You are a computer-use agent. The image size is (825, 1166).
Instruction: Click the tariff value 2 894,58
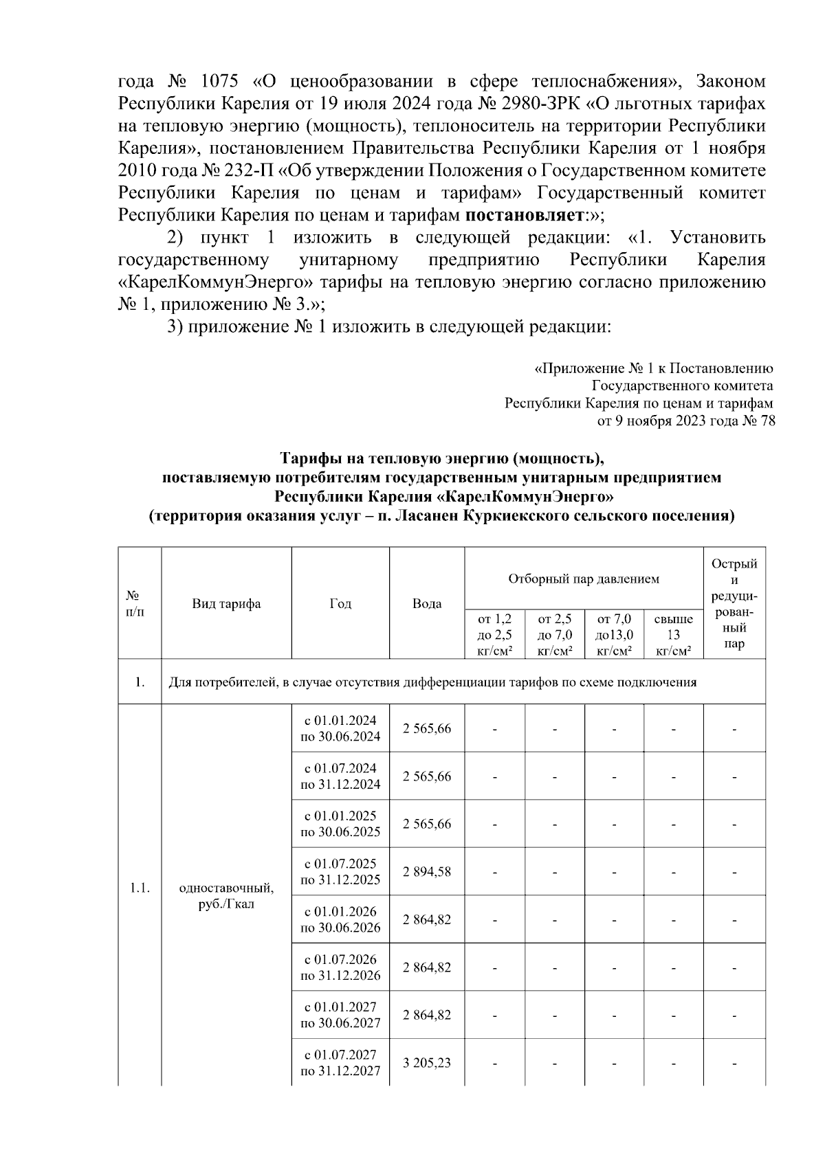(426, 871)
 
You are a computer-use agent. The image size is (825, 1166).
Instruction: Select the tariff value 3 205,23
(426, 1062)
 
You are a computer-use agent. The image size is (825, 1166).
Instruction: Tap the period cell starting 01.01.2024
(340, 728)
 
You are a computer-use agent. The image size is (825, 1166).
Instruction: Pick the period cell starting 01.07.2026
(340, 967)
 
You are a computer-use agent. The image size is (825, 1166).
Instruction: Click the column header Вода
(426, 603)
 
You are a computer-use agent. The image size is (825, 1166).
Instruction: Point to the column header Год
(340, 603)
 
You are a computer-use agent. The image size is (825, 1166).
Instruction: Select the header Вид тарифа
(226, 603)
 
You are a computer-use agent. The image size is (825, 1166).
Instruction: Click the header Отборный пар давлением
(584, 579)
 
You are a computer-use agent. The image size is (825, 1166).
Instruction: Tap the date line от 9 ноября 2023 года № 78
(686, 421)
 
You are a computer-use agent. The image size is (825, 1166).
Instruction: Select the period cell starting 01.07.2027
(340, 1062)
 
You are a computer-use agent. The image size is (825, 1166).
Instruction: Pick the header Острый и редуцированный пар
(734, 603)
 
